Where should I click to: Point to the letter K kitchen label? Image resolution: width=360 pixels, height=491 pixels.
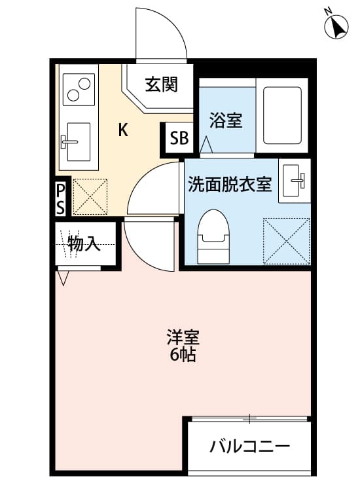tap(122, 130)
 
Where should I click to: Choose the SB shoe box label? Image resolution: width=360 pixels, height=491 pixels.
tap(179, 138)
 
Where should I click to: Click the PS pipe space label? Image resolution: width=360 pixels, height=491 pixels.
tap(60, 199)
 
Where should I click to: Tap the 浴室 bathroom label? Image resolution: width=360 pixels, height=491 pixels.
tap(226, 120)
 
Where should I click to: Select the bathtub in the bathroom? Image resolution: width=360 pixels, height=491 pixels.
tap(282, 115)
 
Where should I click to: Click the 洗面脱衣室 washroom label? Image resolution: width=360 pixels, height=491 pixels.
tap(230, 185)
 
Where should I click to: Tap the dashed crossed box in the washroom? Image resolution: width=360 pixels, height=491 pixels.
tap(286, 240)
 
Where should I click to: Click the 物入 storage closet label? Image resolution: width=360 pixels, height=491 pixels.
tap(84, 245)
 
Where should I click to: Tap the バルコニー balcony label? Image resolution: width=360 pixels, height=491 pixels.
tap(249, 448)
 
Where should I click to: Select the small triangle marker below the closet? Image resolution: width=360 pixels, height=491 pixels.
tap(63, 278)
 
